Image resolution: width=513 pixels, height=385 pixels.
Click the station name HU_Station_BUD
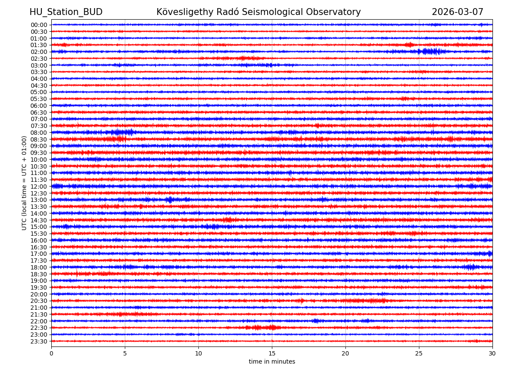click(x=66, y=12)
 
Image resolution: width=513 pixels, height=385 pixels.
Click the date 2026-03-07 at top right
click(x=457, y=12)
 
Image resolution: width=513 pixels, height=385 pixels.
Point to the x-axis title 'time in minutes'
click(x=272, y=362)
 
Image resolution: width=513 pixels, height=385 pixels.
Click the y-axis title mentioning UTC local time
click(x=24, y=183)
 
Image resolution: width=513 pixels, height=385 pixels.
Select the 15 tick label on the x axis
click(x=272, y=353)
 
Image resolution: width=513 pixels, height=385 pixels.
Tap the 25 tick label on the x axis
click(x=419, y=353)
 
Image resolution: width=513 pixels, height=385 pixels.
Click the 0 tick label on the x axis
click(x=51, y=353)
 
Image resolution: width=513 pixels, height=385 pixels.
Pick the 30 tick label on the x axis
click(x=492, y=353)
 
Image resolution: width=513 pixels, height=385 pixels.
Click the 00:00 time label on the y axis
click(x=39, y=25)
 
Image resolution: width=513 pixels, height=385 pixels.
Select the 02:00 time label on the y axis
click(x=39, y=52)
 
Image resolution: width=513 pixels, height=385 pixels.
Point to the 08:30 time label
click(x=39, y=139)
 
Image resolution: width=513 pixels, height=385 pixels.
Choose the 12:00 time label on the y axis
click(x=39, y=187)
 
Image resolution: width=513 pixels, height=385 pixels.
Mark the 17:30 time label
click(x=39, y=261)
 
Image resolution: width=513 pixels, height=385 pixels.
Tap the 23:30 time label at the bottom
click(x=39, y=341)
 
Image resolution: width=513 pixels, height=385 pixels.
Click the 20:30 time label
click(x=39, y=301)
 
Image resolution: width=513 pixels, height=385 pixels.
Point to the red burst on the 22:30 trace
click(x=263, y=328)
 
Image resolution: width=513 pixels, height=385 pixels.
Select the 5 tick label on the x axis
click(x=125, y=353)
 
